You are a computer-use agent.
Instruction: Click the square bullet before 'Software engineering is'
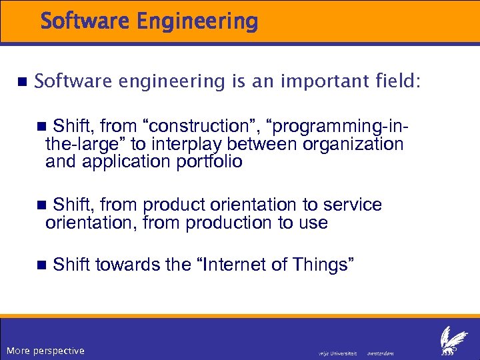(20, 82)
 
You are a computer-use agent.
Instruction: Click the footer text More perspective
(45, 351)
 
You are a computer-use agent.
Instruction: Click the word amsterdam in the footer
(381, 353)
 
